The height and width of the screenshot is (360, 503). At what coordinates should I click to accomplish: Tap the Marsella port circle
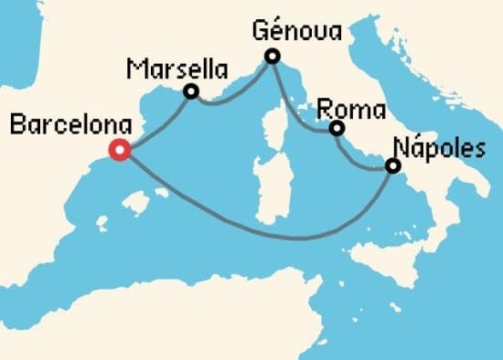(x=191, y=91)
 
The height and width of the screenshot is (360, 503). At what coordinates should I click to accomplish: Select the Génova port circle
(x=272, y=58)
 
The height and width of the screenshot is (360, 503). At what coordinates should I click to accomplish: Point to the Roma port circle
(x=337, y=129)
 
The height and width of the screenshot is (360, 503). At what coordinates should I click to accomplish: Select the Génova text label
(x=295, y=33)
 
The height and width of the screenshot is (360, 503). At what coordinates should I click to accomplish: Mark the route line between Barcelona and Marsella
(x=155, y=122)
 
